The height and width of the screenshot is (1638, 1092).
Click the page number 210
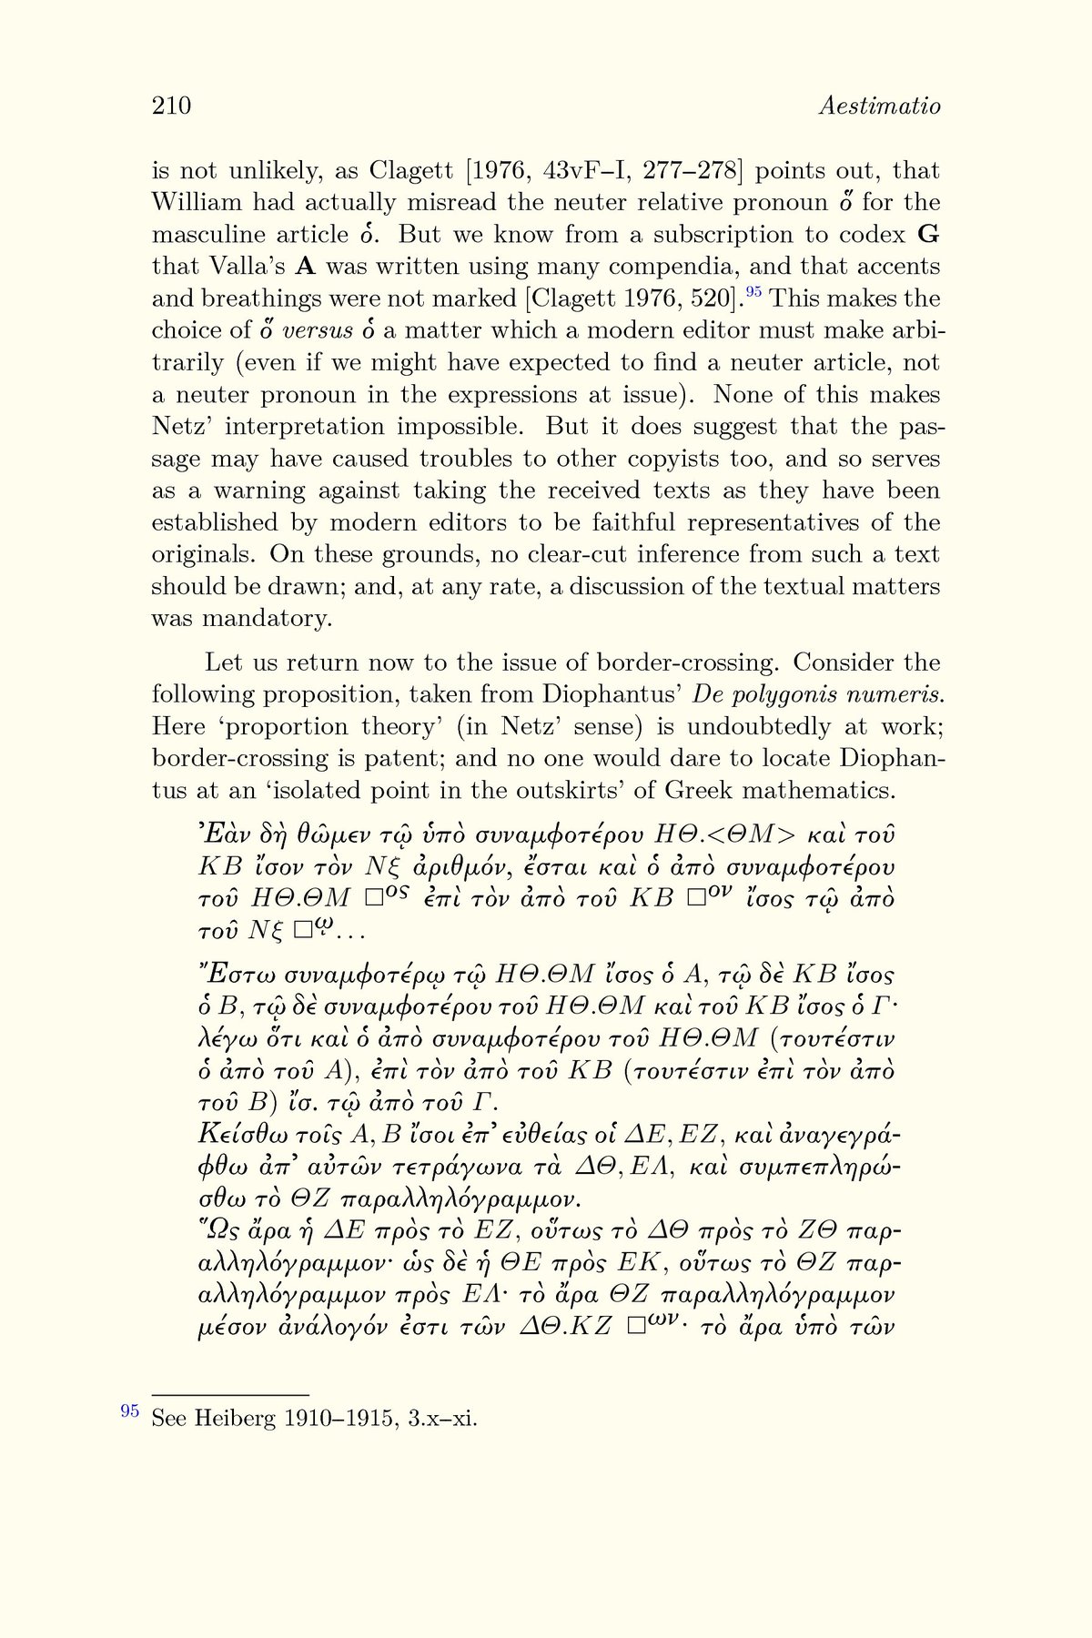pyautogui.click(x=171, y=106)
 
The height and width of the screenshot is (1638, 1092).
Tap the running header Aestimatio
pyautogui.click(x=879, y=106)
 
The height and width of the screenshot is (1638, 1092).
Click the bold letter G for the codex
pyautogui.click(x=929, y=235)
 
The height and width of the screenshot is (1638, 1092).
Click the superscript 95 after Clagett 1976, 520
pyautogui.click(x=753, y=292)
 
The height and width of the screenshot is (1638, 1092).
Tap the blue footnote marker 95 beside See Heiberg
pyautogui.click(x=130, y=1410)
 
